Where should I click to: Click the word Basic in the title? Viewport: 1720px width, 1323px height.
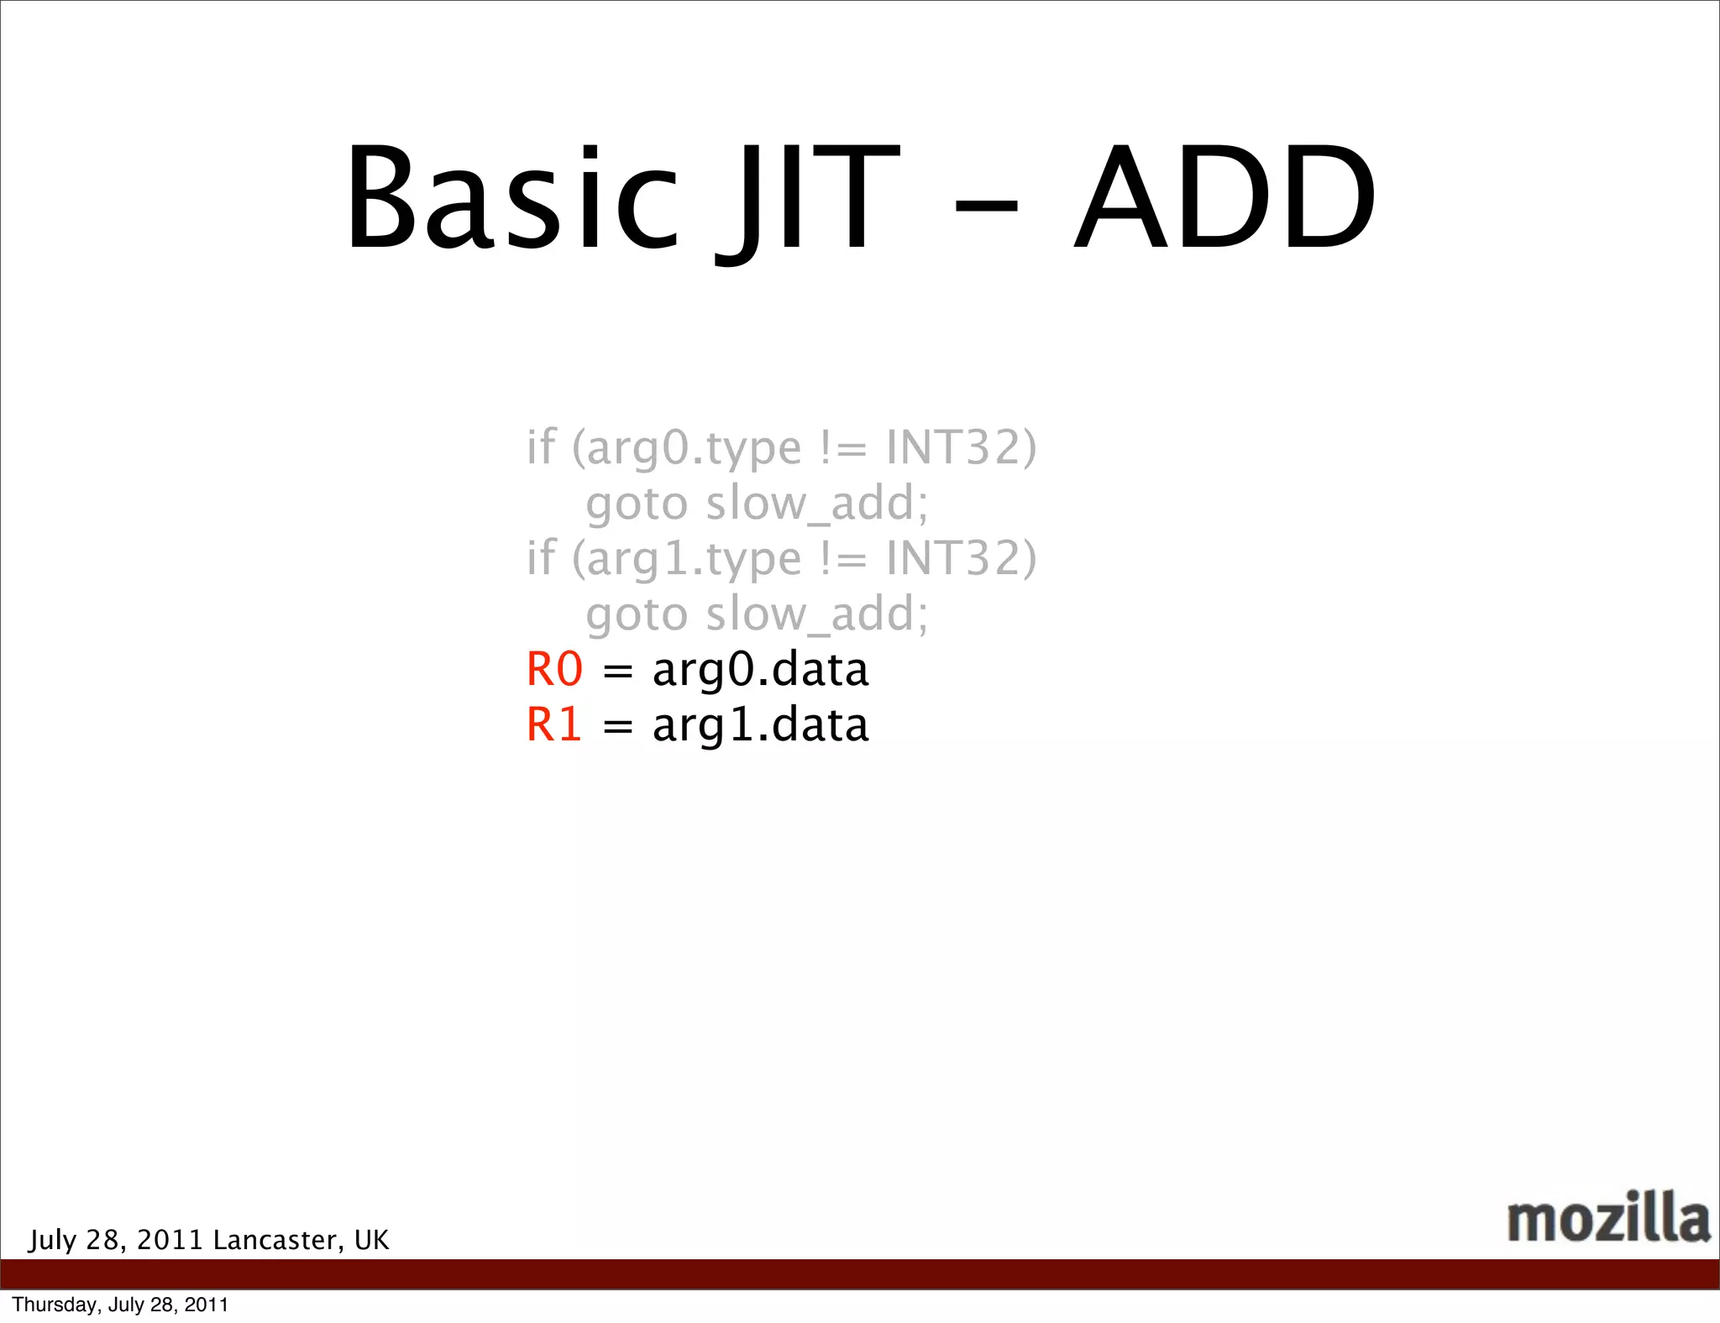click(x=511, y=199)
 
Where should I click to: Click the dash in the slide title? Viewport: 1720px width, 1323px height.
click(x=986, y=205)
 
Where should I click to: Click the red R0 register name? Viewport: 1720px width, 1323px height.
click(x=554, y=670)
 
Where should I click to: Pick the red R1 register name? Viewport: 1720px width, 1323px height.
click(x=554, y=725)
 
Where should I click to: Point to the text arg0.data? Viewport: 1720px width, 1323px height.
click(x=760, y=670)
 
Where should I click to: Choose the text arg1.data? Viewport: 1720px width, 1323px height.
click(x=760, y=725)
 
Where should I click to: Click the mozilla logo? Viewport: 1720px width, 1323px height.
click(x=1607, y=1218)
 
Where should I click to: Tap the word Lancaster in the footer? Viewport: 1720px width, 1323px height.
click(x=276, y=1240)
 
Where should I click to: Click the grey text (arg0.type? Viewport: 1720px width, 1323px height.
click(x=686, y=448)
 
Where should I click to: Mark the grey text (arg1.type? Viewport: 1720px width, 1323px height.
click(x=686, y=559)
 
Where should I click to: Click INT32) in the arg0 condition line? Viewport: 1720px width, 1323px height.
click(x=961, y=447)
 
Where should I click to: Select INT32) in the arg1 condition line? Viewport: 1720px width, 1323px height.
click(x=961, y=557)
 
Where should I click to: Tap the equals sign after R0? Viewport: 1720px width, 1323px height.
click(x=617, y=672)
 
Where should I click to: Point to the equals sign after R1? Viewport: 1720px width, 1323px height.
click(x=617, y=727)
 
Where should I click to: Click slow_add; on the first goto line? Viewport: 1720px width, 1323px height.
click(x=816, y=504)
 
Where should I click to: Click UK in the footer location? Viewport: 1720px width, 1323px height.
click(x=371, y=1240)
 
